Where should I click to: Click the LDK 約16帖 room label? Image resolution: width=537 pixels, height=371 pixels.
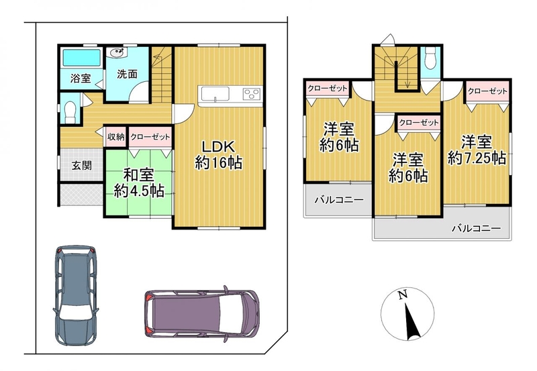coord(219,154)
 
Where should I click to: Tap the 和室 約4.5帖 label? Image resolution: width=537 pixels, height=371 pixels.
coord(139,183)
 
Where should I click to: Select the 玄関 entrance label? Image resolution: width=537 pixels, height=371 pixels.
coord(81,166)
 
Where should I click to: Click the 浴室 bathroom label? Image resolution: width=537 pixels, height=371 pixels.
coord(81,78)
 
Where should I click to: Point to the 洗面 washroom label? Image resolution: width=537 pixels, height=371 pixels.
coord(127,74)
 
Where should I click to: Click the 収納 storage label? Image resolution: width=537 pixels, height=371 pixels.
coord(116,137)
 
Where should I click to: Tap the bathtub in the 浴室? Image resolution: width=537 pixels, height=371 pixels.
coord(81,58)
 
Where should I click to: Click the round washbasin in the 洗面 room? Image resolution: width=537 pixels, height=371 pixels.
coord(116,53)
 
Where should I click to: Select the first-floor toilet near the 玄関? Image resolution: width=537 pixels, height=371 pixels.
coord(70,109)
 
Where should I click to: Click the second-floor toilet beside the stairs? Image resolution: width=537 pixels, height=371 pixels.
coord(430,58)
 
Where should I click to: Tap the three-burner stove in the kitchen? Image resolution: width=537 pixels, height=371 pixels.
coord(252,93)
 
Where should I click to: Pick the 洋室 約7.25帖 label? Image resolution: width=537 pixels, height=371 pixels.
coord(477,150)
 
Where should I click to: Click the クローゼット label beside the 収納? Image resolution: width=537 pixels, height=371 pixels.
coord(150,137)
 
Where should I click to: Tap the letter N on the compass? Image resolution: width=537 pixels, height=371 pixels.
coord(402,295)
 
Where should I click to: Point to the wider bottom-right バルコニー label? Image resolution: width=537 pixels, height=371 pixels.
coord(476,228)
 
